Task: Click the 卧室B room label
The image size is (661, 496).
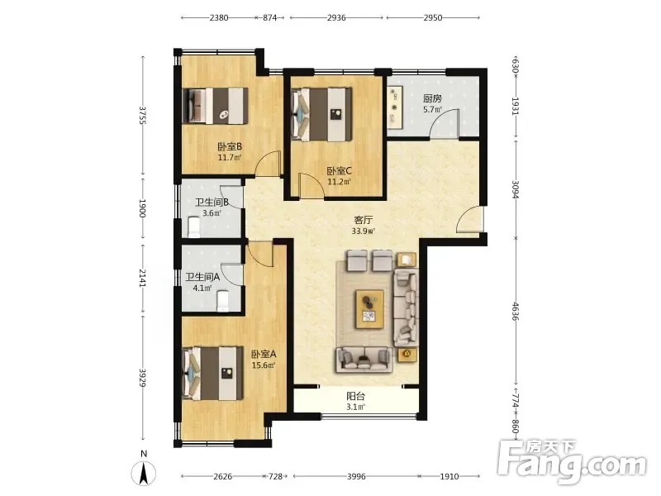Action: click(230, 147)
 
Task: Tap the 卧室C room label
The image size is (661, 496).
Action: click(340, 171)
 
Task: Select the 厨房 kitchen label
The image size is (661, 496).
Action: click(432, 98)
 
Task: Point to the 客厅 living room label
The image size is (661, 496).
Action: click(363, 220)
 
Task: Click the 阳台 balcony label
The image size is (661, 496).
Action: click(355, 397)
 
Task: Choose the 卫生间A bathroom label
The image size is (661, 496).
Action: click(202, 277)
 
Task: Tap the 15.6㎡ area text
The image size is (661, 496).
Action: click(264, 365)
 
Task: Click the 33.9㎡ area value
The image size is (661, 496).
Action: click(363, 231)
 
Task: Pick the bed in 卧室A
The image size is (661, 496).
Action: click(213, 374)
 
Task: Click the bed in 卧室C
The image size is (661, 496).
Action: click(321, 114)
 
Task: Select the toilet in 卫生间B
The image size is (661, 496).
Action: click(193, 227)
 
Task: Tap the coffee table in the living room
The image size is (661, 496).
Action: click(369, 308)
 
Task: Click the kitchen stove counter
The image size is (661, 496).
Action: click(395, 107)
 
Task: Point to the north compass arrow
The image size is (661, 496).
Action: click(144, 473)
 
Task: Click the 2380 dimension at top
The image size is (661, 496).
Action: click(219, 17)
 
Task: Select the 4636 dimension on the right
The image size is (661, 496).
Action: click(515, 311)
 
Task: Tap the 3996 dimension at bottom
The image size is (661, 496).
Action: click(356, 477)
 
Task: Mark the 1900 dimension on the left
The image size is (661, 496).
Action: click(142, 208)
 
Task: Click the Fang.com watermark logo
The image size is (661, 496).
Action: click(572, 461)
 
